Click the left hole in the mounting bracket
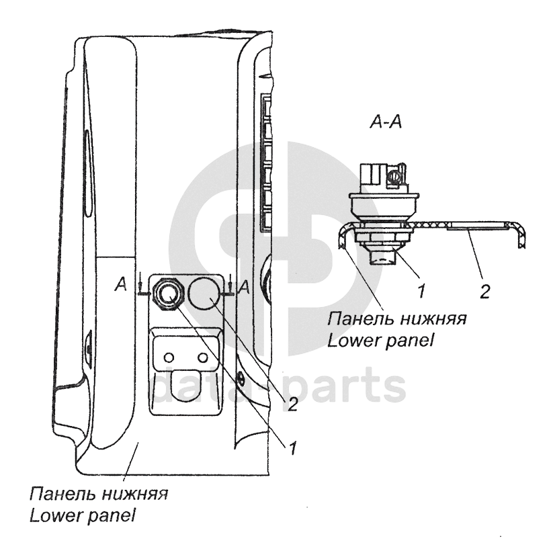[x=170, y=355]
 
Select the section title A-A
[x=386, y=123]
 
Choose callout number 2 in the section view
[x=485, y=292]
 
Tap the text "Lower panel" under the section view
[x=380, y=339]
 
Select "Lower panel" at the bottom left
[x=83, y=516]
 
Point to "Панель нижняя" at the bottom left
[x=98, y=495]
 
